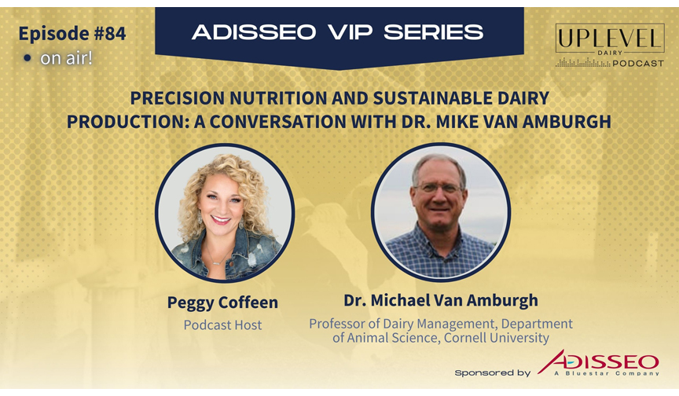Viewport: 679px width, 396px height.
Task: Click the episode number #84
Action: click(109, 34)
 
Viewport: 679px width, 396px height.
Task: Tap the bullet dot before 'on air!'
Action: click(28, 58)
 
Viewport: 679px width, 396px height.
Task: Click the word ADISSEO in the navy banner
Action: click(254, 32)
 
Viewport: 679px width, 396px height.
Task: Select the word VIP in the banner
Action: click(350, 32)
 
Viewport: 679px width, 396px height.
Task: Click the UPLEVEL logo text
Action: click(610, 38)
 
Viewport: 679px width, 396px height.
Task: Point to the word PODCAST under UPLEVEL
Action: click(638, 64)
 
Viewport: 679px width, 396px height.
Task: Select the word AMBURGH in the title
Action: click(567, 122)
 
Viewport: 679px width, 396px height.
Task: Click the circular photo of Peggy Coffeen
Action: click(225, 213)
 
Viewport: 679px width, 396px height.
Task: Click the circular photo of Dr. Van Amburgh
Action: click(441, 212)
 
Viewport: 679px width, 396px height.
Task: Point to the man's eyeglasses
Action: click(439, 189)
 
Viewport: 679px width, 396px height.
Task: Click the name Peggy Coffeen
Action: click(222, 302)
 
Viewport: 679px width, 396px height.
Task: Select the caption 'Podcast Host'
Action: click(222, 325)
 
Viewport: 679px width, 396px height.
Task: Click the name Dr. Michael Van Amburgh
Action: click(441, 300)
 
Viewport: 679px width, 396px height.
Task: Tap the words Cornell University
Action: click(497, 338)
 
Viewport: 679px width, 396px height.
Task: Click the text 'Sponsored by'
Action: click(493, 372)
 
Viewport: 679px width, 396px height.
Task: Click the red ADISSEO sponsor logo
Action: click(599, 361)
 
